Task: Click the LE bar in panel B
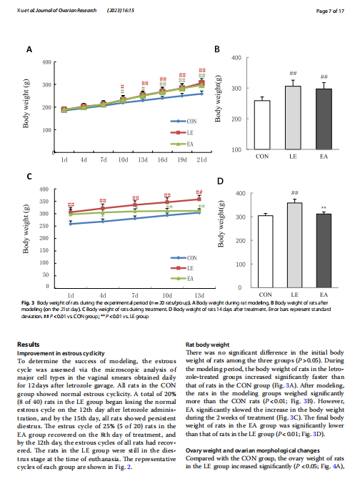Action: tap(293, 118)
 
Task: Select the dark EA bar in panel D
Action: tap(324, 251)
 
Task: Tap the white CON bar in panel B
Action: tap(262, 125)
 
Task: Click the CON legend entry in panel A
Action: tap(184, 122)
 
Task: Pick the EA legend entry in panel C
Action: tap(182, 279)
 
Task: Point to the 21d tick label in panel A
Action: tap(201, 160)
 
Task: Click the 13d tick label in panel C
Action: tap(199, 295)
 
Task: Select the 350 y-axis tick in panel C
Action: tap(44, 202)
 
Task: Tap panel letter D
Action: tap(220, 181)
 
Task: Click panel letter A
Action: tap(29, 49)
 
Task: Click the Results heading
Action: tap(29, 345)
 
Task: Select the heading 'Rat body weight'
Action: tap(207, 345)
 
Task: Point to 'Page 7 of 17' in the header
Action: tap(330, 11)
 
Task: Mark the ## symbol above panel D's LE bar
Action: tap(294, 193)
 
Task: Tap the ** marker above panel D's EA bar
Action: tap(324, 208)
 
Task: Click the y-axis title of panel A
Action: tap(26, 104)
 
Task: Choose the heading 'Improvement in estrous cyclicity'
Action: tap(61, 353)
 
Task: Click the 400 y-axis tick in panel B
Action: tap(236, 58)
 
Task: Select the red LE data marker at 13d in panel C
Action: tap(199, 199)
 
